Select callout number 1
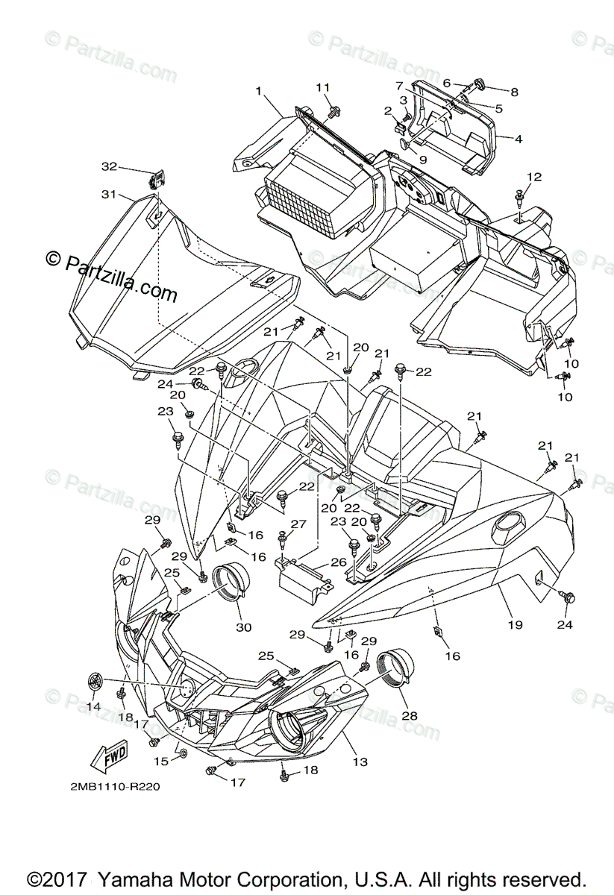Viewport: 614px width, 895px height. pyautogui.click(x=258, y=91)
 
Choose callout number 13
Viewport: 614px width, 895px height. pyautogui.click(x=360, y=761)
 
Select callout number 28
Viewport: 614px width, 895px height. pyautogui.click(x=410, y=715)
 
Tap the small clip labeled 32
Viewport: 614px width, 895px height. pyautogui.click(x=157, y=180)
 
